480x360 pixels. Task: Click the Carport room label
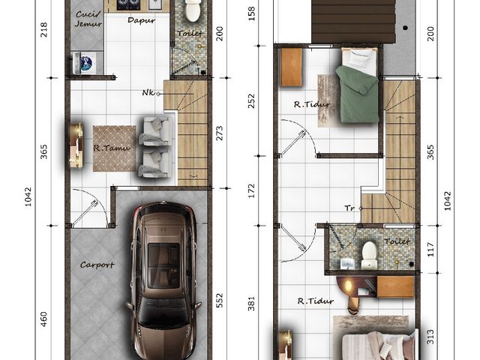97,265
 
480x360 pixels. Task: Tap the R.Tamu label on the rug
112,148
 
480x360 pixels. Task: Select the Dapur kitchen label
141,20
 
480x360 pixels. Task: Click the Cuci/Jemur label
88,19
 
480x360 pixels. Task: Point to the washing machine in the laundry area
84,63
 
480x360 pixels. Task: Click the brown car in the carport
163,280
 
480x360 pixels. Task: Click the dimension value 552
219,300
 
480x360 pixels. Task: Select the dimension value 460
43,319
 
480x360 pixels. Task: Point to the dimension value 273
219,133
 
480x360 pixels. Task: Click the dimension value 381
251,303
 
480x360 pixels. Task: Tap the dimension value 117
430,250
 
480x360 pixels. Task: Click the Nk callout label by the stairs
148,92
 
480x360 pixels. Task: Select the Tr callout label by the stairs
349,208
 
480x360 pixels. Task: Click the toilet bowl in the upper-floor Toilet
369,255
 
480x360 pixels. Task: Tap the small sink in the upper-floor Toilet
348,264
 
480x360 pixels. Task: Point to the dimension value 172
251,190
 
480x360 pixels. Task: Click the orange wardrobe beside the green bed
292,67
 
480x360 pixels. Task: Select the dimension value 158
251,13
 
